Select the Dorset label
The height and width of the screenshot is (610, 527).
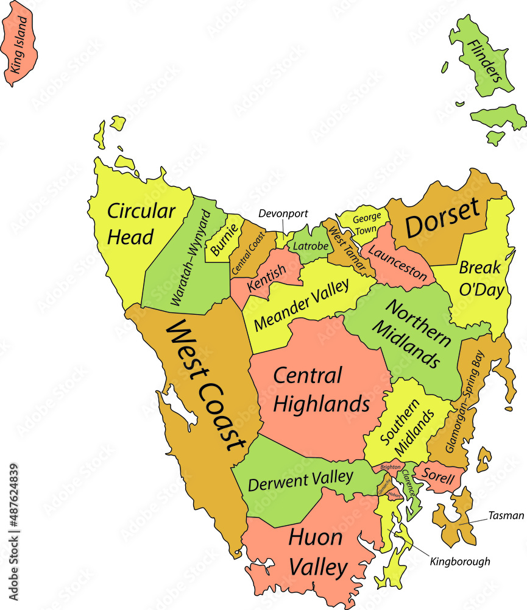[443, 218]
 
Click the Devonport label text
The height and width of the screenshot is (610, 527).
[283, 213]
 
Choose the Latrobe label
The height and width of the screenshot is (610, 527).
[311, 246]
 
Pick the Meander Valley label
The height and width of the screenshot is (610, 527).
[301, 305]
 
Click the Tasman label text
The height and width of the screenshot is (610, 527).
[506, 515]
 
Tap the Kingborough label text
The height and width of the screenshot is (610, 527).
[459, 561]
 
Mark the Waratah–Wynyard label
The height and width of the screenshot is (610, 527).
[189, 259]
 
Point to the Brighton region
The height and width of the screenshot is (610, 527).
[390, 467]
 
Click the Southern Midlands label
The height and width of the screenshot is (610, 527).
[408, 430]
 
